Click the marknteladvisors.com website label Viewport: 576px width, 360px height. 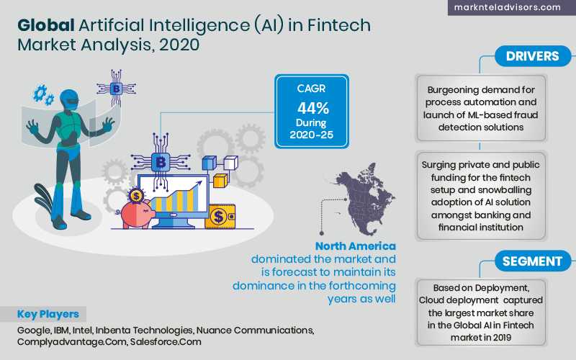(508, 7)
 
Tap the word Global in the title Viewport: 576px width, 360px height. (46, 25)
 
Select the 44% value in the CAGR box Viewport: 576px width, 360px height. (313, 108)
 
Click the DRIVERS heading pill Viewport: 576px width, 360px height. (533, 56)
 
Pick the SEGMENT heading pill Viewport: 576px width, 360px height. (533, 261)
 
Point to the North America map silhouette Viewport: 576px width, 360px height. (365, 199)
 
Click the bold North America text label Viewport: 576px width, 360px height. (355, 246)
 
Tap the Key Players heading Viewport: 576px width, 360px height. (48, 315)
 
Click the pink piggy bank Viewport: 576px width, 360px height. (135, 213)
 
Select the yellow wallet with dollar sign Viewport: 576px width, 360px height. (220, 217)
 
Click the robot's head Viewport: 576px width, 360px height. (68, 99)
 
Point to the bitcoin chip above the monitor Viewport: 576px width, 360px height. (161, 162)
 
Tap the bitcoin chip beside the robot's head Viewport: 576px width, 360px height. (116, 88)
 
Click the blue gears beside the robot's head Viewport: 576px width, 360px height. (43, 94)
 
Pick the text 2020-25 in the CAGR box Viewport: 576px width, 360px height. (312, 135)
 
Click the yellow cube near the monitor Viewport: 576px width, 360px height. (220, 181)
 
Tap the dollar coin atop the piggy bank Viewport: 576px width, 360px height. (136, 196)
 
